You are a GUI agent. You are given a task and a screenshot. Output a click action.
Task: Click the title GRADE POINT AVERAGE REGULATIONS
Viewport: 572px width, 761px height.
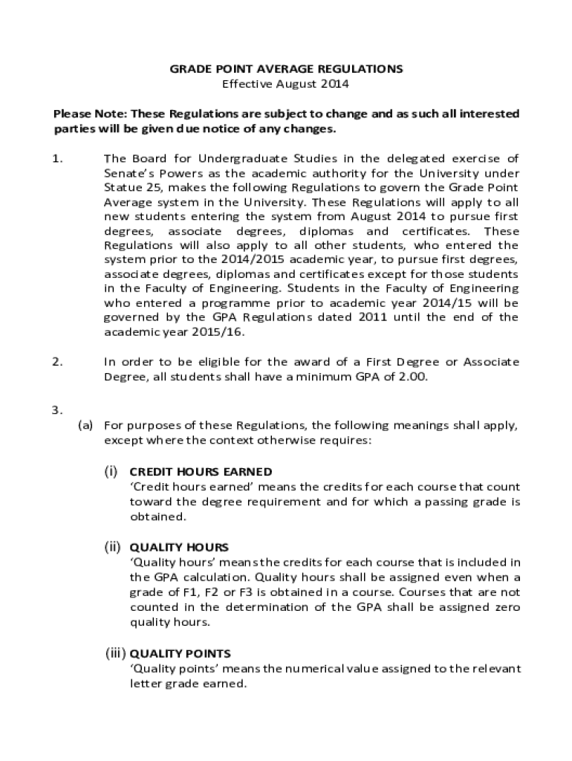tap(286, 69)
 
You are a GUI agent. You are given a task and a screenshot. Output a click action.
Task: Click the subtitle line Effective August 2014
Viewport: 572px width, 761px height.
tap(286, 84)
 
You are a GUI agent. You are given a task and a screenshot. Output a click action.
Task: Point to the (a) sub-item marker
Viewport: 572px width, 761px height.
tap(86, 426)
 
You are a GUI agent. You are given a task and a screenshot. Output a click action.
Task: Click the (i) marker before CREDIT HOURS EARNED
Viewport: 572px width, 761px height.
tap(111, 472)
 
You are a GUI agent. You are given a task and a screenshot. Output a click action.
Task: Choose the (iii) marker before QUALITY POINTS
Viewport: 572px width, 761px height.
tap(114, 654)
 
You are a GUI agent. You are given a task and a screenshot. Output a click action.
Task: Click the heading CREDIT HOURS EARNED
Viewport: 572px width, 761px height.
tap(201, 472)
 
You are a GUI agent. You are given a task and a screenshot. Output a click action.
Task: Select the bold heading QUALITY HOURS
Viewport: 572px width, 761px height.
tap(179, 548)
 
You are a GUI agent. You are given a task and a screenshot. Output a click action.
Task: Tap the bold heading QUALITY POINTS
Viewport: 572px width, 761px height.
tap(180, 654)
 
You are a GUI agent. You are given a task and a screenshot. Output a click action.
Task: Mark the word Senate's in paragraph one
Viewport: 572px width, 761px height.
tap(129, 173)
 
